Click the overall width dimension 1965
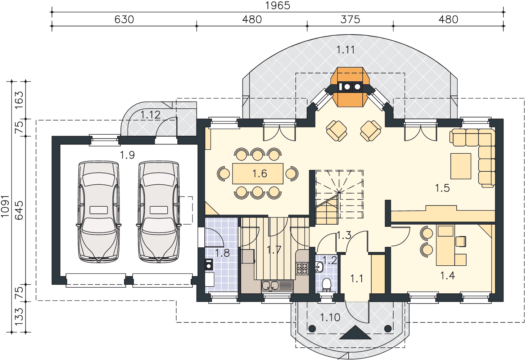tap(277, 5)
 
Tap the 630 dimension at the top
tap(124, 19)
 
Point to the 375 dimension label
tap(350, 19)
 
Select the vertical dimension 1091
tap(5, 206)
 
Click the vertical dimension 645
tap(19, 210)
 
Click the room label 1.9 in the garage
tap(127, 155)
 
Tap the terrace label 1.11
tap(345, 50)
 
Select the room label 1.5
tap(442, 188)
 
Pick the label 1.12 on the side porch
tap(150, 115)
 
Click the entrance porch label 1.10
tap(330, 318)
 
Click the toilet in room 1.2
tap(326, 285)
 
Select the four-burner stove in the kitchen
tap(302, 269)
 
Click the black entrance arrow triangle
tap(355, 332)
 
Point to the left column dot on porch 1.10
tap(312, 329)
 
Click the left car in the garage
tap(99, 211)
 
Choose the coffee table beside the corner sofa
tap(461, 166)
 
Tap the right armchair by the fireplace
tap(371, 131)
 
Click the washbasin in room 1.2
tap(319, 267)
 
